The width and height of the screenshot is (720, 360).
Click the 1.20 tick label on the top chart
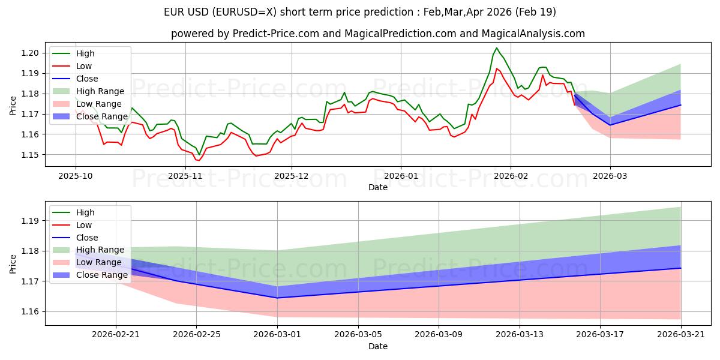[29, 53]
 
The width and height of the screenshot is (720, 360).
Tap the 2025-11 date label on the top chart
[185, 176]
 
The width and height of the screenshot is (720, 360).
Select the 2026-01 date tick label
[401, 176]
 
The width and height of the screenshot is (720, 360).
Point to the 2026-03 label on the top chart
[610, 176]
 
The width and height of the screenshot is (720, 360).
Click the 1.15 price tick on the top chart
[29, 155]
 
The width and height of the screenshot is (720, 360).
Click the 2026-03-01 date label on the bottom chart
[277, 335]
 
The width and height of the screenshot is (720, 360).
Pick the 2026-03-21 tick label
[681, 335]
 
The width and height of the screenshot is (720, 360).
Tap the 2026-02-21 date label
[116, 335]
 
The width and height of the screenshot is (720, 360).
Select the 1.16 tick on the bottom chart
[29, 312]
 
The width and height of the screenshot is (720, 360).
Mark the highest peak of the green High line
[496, 48]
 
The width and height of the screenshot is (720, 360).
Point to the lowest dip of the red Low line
[199, 160]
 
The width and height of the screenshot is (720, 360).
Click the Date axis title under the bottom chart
[377, 346]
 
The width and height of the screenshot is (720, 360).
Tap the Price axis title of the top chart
[13, 106]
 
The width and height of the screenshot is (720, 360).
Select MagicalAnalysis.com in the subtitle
[533, 34]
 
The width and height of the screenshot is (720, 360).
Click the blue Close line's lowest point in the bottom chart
[277, 298]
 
